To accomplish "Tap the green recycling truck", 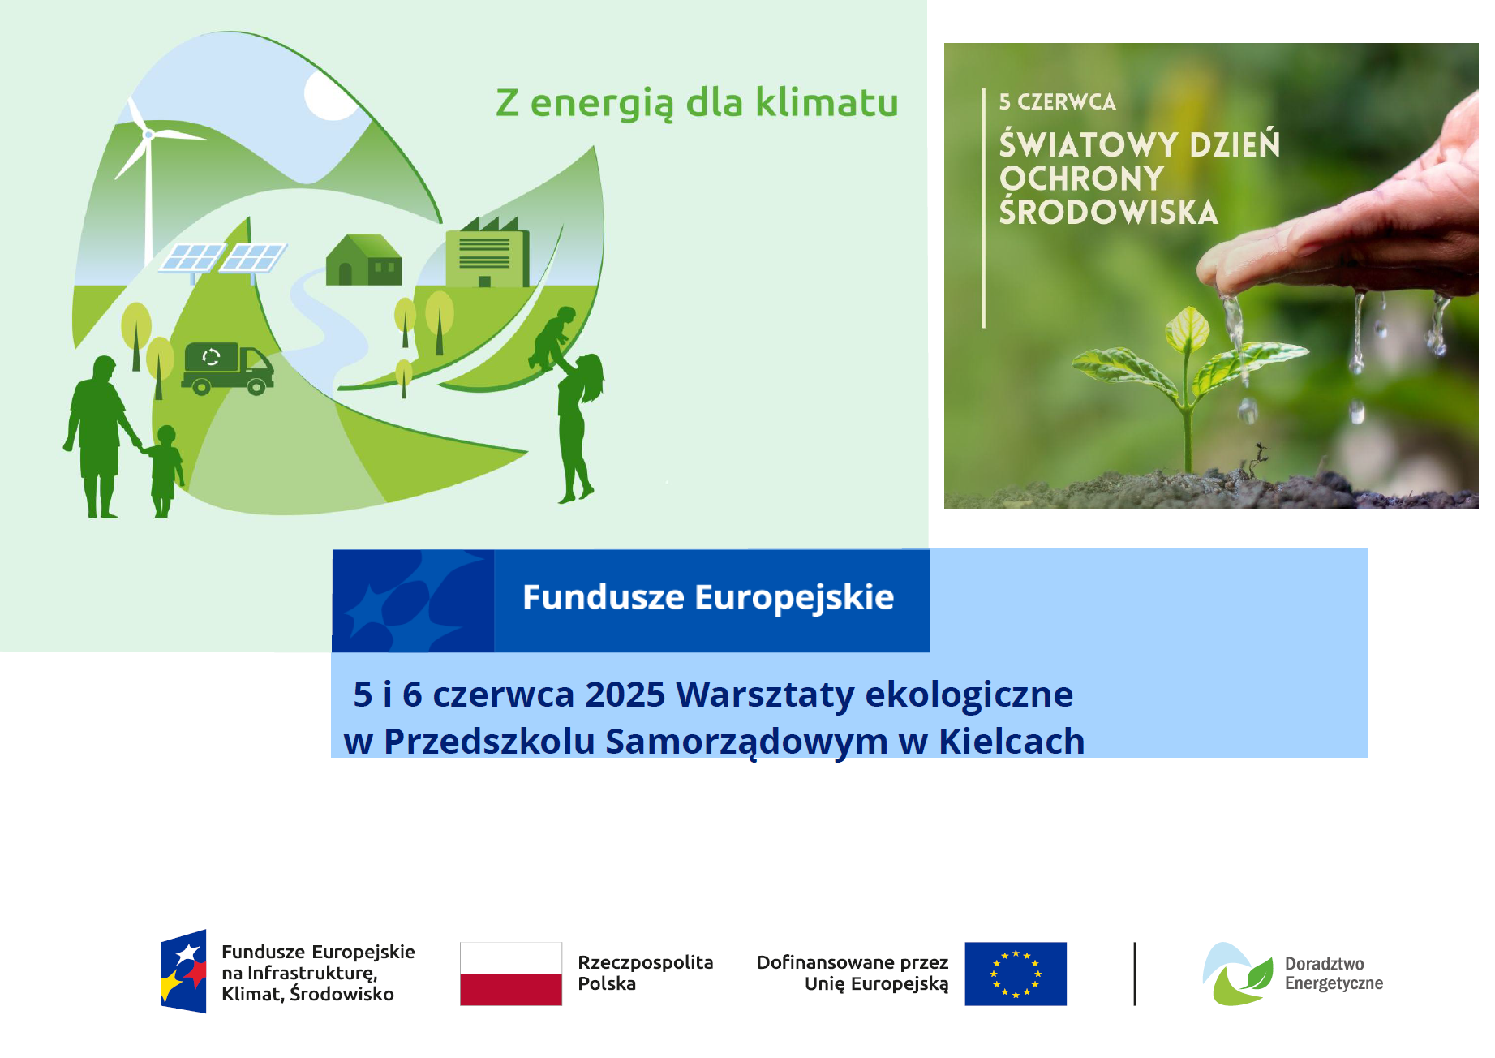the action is pyautogui.click(x=228, y=368).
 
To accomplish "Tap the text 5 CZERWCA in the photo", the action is pyautogui.click(x=1057, y=101).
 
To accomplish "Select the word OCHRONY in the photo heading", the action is pyautogui.click(x=1081, y=178).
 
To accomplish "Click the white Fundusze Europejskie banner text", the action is pyautogui.click(x=708, y=597).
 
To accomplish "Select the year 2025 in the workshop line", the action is pyautogui.click(x=625, y=695).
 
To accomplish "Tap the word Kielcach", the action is pyautogui.click(x=1012, y=741).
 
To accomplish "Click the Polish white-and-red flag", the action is pyautogui.click(x=511, y=974).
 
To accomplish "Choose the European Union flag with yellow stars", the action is pyautogui.click(x=1016, y=974).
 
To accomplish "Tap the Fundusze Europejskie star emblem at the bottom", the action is pyautogui.click(x=183, y=971).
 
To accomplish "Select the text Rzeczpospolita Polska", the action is pyautogui.click(x=646, y=973).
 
